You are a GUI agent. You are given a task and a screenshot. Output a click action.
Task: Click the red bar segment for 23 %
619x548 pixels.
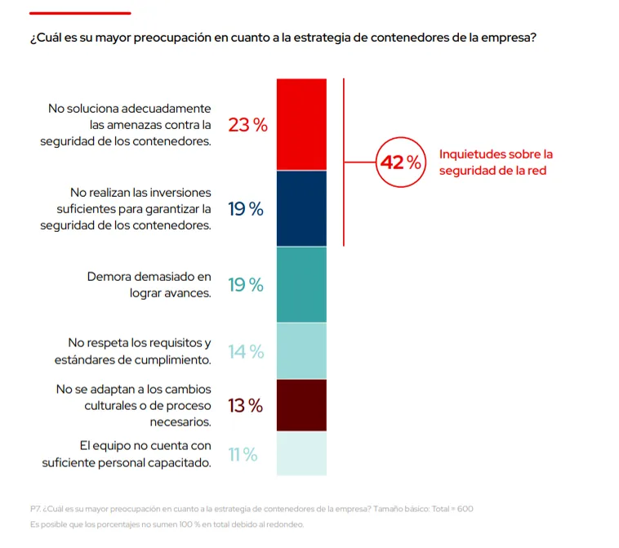301,124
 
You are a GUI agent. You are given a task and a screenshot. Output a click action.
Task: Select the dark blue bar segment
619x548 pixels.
301,208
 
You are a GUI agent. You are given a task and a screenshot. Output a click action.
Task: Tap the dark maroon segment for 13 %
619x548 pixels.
301,405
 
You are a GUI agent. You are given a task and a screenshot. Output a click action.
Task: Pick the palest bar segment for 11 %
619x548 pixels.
301,454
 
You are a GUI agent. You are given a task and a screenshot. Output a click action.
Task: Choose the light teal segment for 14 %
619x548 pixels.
301,351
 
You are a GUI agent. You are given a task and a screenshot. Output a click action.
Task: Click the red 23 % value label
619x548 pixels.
247,125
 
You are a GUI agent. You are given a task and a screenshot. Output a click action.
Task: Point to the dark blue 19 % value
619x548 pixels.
246,209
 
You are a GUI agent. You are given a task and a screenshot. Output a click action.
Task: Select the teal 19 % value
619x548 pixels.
246,285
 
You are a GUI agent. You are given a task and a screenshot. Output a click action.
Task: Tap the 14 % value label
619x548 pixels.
246,352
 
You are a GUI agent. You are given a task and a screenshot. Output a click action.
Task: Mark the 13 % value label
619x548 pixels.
245,405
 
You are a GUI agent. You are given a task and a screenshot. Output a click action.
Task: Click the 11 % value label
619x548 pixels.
243,455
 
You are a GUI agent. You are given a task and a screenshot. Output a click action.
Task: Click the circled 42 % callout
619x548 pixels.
399,163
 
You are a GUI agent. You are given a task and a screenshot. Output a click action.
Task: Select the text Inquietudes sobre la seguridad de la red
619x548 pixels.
496,163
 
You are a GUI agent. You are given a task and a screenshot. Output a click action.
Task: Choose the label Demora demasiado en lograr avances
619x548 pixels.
149,284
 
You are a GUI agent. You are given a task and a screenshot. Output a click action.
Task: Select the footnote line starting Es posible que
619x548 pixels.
167,524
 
